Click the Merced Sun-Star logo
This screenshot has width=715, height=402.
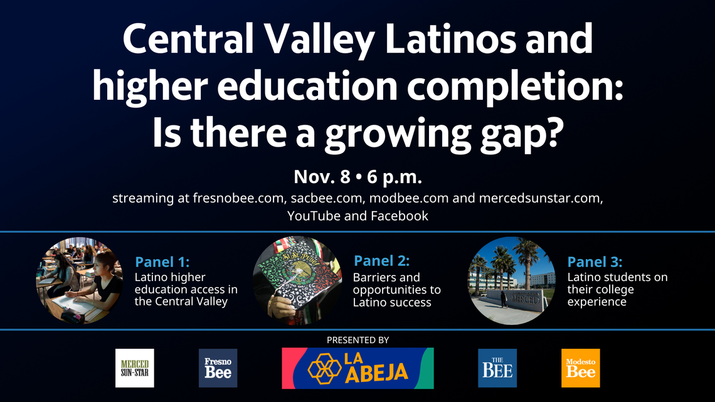point(135,368)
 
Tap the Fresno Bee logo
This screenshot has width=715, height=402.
point(218,368)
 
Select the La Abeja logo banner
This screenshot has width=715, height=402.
point(357,368)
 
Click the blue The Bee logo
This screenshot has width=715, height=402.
point(497,368)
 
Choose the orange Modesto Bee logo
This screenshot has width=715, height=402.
point(580,368)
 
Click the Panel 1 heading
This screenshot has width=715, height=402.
point(162,262)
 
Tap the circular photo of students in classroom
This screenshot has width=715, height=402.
point(80,280)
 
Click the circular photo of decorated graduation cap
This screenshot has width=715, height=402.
point(297,280)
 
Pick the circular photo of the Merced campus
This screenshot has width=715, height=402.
point(511,280)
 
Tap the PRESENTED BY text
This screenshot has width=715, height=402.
point(357,340)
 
